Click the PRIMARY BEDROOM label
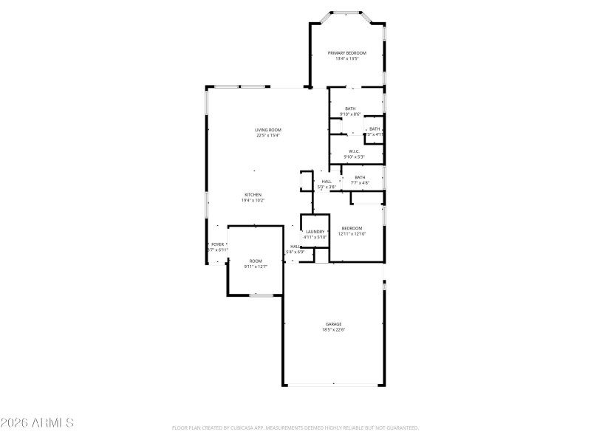click(x=346, y=53)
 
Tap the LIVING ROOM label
click(x=268, y=130)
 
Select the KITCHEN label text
click(x=253, y=194)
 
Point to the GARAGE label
click(x=334, y=324)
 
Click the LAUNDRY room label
click(x=315, y=232)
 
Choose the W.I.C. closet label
click(x=354, y=151)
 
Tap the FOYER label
click(x=218, y=244)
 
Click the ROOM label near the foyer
click(x=256, y=261)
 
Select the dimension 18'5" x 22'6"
click(x=334, y=330)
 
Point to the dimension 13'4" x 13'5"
click(x=346, y=59)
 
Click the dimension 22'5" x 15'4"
click(x=268, y=136)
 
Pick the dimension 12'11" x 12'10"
click(x=352, y=234)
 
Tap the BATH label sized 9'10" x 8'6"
click(x=350, y=109)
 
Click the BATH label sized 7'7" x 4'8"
click(x=360, y=177)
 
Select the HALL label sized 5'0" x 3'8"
click(x=327, y=182)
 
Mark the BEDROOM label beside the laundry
click(x=352, y=228)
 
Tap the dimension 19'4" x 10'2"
click(x=253, y=200)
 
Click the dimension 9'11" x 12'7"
click(x=256, y=267)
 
